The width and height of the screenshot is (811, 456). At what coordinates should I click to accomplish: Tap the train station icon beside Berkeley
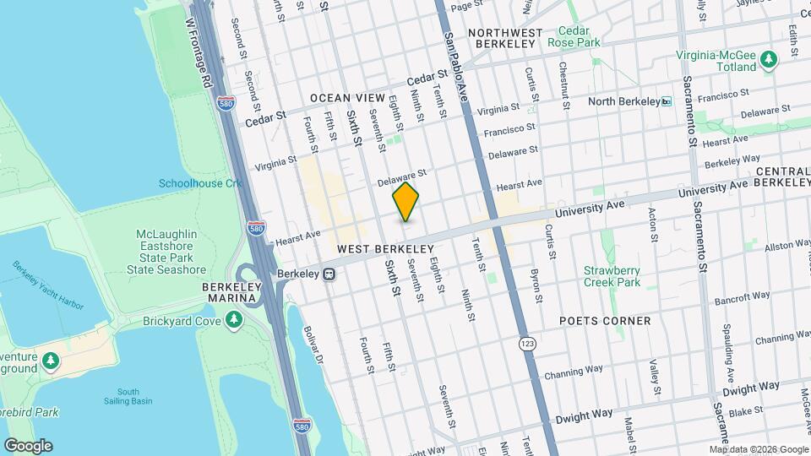[x=329, y=274]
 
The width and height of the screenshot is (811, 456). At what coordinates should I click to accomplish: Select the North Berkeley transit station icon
[x=667, y=102]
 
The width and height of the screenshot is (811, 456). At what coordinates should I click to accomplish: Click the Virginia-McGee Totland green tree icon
[x=768, y=59]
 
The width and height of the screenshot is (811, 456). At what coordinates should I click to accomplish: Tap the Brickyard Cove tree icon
[x=234, y=320]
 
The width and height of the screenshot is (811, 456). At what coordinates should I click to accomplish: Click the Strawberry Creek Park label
[x=612, y=277]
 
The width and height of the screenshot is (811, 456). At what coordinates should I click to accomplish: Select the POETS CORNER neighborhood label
[x=605, y=321]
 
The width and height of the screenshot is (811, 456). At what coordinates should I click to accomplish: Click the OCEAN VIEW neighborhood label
[x=347, y=99]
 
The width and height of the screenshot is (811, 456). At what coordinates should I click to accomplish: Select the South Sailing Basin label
[x=128, y=396]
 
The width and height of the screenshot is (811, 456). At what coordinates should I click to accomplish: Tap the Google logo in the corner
[x=27, y=446]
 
